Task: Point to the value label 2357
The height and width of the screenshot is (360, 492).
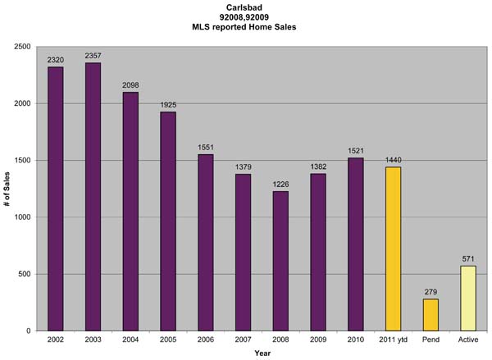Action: (x=93, y=56)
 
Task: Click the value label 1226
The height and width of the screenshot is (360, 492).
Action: (x=280, y=184)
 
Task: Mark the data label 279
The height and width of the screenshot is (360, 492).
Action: (x=430, y=292)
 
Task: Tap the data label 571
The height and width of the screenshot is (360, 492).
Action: (x=468, y=258)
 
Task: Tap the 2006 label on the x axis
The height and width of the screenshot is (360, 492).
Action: (x=205, y=339)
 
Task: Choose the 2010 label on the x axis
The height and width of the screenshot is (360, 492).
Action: (x=356, y=339)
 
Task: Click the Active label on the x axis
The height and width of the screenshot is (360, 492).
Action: (x=468, y=339)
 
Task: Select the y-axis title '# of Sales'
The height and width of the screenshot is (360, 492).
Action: (x=9, y=189)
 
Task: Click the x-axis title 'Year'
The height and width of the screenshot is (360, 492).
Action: (x=262, y=353)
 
